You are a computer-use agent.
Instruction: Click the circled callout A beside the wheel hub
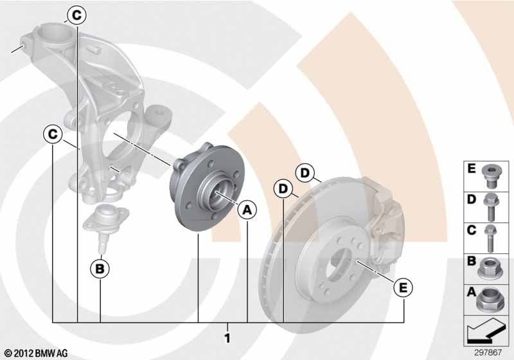pyautogui.click(x=247, y=210)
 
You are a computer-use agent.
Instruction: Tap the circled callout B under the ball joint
pyautogui.click(x=100, y=269)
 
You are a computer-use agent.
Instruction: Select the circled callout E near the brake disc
pyautogui.click(x=403, y=288)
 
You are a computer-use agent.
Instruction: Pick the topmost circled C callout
pyautogui.click(x=76, y=15)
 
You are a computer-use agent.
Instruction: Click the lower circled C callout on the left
pyautogui.click(x=53, y=134)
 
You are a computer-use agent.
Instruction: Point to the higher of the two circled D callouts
pyautogui.click(x=305, y=173)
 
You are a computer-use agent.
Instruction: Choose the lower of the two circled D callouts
pyautogui.click(x=283, y=189)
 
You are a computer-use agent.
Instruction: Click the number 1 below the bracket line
pyautogui.click(x=227, y=338)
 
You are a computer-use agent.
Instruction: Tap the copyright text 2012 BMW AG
pyautogui.click(x=37, y=353)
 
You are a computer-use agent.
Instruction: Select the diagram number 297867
pyautogui.click(x=488, y=353)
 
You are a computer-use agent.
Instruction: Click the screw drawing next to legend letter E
pyautogui.click(x=490, y=176)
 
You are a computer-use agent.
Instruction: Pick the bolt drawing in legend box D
pyautogui.click(x=490, y=208)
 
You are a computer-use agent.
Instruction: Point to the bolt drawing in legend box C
pyautogui.click(x=490, y=239)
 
